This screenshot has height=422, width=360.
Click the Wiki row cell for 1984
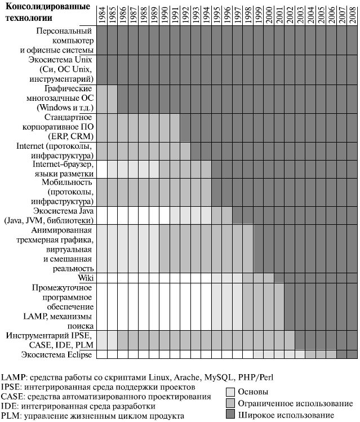pyautogui.click(x=101, y=278)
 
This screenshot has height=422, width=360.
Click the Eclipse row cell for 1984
pyautogui.click(x=101, y=354)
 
